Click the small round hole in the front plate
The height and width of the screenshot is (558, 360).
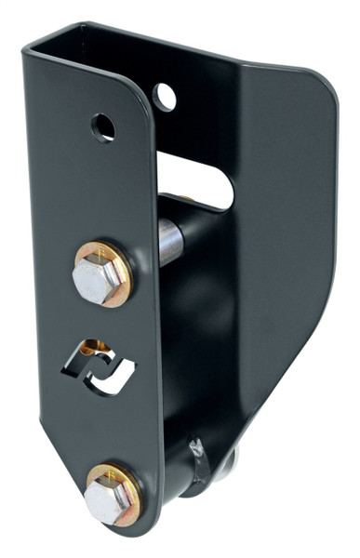pos(102,126)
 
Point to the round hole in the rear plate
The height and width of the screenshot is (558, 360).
pos(165,95)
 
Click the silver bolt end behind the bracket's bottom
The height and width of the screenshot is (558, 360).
pos(228,460)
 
